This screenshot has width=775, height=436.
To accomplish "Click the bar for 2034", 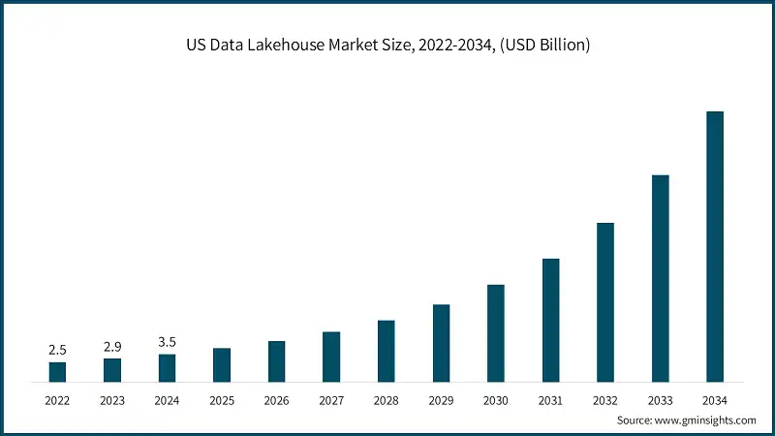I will click(715, 247).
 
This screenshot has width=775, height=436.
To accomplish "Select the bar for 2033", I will click(660, 279).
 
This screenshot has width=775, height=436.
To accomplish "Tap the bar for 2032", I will click(605, 302).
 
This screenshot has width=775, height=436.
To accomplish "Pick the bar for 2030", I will click(496, 333).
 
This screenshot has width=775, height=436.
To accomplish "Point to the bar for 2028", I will click(386, 351).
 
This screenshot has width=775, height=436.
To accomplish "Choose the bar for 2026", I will click(276, 361).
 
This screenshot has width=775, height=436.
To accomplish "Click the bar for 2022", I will click(57, 372).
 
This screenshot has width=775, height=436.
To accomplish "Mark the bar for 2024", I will click(167, 368).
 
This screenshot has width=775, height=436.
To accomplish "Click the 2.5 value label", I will click(57, 349).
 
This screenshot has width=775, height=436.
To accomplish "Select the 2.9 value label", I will click(112, 346).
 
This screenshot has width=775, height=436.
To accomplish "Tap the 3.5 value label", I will click(167, 341).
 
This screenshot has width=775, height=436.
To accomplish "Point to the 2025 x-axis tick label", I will click(222, 399).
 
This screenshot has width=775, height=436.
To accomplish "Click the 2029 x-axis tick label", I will click(441, 399).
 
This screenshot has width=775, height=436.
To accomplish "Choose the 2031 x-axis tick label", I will click(550, 399).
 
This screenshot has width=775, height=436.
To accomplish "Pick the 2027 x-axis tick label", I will click(331, 399).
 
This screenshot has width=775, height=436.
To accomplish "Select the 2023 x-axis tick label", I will click(112, 399).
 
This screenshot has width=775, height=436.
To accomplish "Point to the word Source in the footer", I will click(635, 420).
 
